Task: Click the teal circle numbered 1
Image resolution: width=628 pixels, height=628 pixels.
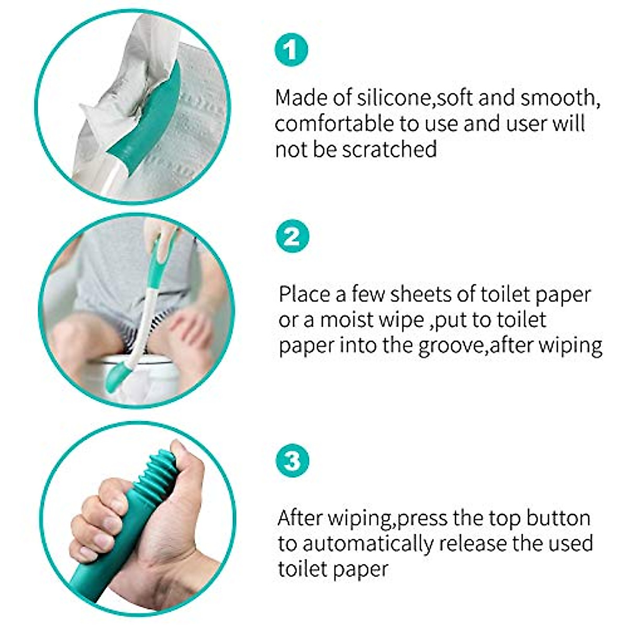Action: point(291,51)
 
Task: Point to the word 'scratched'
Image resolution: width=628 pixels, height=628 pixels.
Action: point(389,150)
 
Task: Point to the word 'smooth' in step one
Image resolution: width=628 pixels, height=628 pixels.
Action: point(563,98)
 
